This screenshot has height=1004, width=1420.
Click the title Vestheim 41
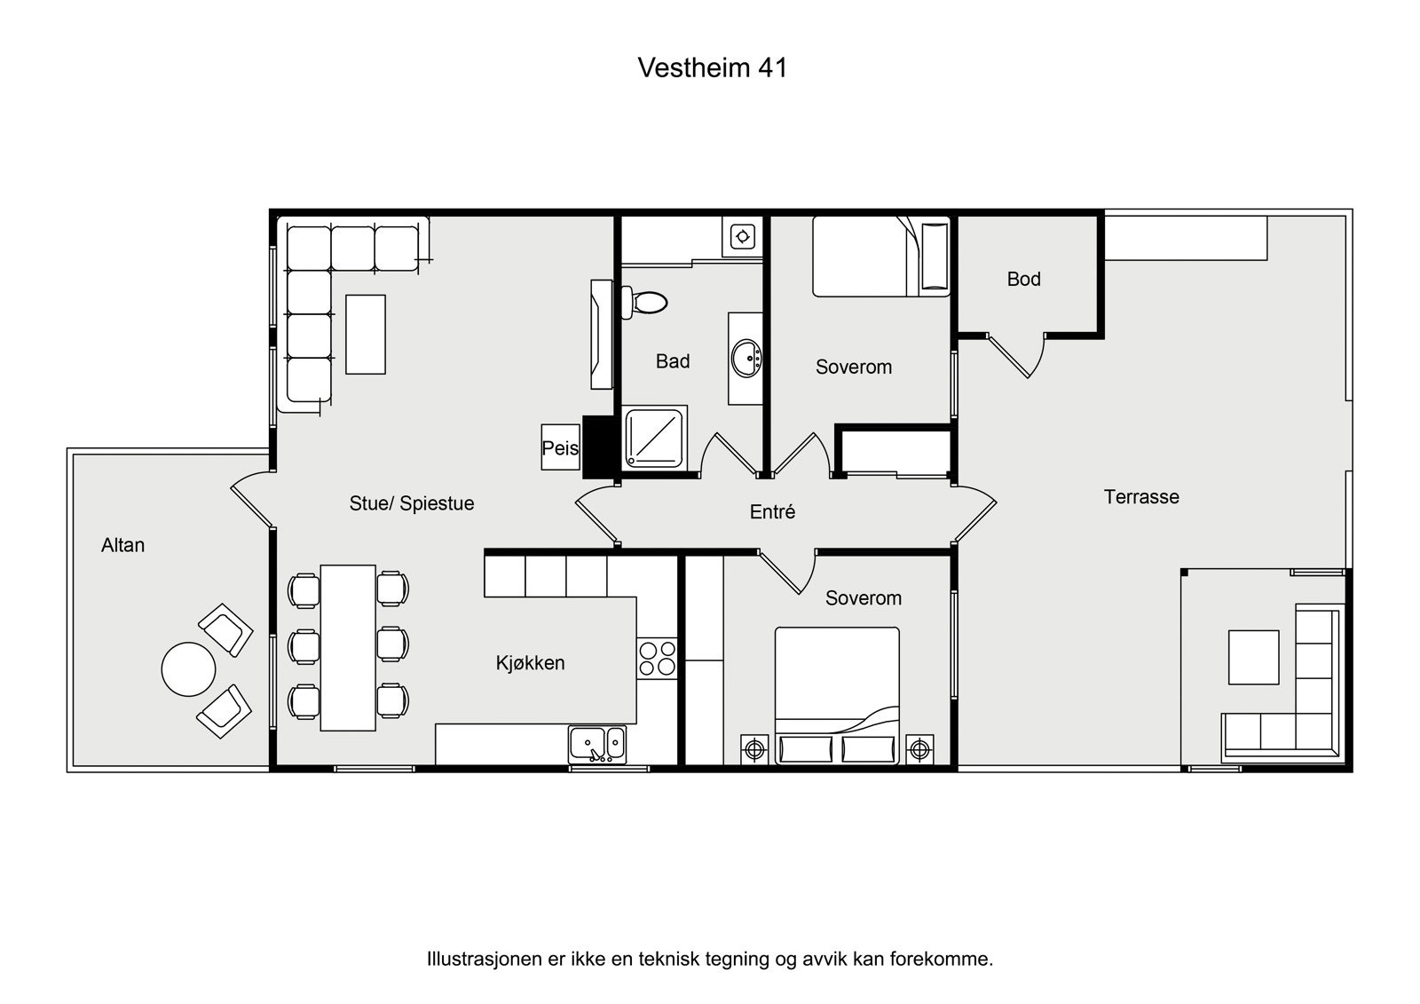[712, 68]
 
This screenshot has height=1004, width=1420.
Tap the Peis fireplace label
[560, 448]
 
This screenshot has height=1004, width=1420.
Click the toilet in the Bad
[645, 303]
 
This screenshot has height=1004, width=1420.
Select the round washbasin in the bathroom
[746, 359]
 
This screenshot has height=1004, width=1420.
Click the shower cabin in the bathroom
[655, 437]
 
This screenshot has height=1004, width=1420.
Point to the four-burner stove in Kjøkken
[657, 659]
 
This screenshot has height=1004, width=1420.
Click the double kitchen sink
[597, 744]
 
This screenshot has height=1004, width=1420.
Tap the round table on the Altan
[188, 669]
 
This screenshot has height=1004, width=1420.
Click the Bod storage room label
[1023, 279]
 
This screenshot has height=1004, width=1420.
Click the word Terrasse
[1141, 497]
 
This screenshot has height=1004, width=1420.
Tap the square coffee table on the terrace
[1253, 657]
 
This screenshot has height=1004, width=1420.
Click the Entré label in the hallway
[772, 512]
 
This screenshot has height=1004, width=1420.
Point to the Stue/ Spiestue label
[412, 503]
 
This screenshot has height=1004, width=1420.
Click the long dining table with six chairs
[348, 647]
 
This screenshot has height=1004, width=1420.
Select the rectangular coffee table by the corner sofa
[366, 334]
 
